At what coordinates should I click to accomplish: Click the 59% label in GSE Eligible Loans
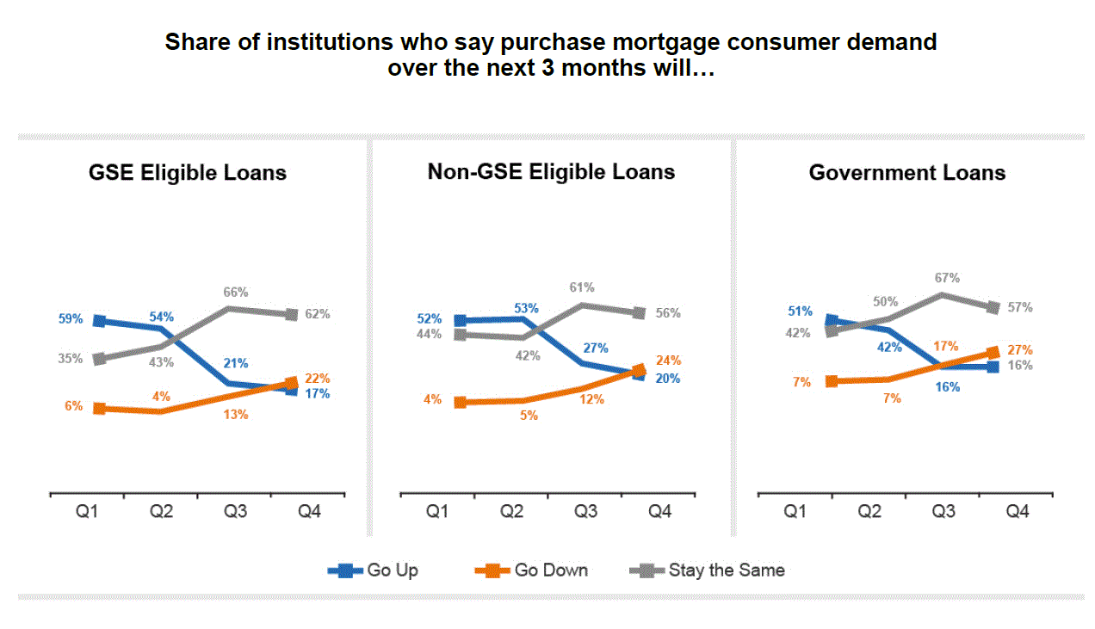71,319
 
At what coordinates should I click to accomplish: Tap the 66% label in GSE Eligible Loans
236,293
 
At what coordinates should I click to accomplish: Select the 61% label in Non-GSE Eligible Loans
582,288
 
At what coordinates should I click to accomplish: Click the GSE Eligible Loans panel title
188,173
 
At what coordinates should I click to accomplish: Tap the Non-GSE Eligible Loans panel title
551,171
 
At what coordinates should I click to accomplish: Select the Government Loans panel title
907,173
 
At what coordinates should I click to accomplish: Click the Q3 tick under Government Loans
943,512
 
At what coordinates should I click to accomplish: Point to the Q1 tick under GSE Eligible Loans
87,512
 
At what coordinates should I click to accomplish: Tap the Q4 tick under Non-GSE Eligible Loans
659,512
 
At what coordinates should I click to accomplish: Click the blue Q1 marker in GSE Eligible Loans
99,321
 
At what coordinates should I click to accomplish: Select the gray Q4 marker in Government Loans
993,307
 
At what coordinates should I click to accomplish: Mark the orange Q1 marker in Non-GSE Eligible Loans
461,402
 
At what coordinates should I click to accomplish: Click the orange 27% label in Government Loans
1020,350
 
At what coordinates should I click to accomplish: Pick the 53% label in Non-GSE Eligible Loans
526,308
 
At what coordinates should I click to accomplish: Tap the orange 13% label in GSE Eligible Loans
236,415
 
